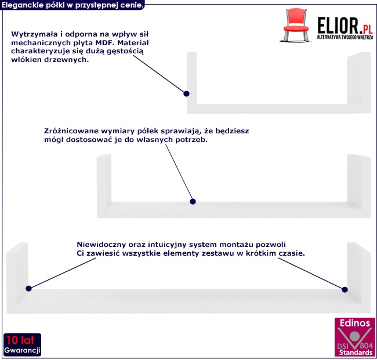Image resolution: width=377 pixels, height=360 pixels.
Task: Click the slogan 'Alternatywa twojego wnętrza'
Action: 343,37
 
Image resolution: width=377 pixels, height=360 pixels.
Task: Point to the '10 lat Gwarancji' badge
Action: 21,346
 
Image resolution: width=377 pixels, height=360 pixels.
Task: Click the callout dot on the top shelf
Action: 187,93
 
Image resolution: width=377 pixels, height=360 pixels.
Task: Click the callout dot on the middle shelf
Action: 194,202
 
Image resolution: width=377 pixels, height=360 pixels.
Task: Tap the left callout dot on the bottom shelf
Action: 28,288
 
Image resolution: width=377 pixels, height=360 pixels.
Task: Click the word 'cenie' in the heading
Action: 130,4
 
